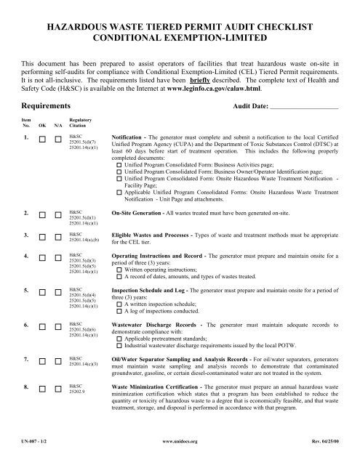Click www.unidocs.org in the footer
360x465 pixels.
pyautogui.click(x=180, y=460)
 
